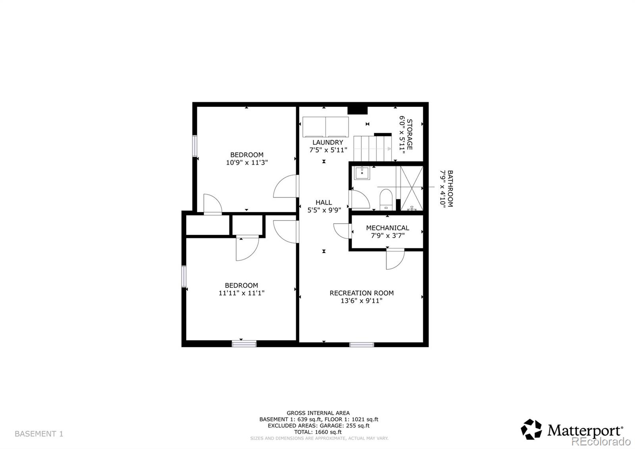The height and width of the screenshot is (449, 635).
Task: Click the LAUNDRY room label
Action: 327,142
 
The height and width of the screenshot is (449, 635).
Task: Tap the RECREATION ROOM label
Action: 362,293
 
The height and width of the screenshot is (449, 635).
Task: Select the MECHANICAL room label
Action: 387,228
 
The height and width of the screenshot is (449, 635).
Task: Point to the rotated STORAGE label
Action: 410,135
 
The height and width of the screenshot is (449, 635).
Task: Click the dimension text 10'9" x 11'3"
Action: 246,163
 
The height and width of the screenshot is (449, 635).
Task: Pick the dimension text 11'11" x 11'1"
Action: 241,293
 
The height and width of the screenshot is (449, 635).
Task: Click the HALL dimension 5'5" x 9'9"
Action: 324,210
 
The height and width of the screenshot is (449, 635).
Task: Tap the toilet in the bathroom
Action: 386,199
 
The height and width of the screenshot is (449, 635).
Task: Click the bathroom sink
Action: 362,173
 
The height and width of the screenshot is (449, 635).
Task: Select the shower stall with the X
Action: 411,188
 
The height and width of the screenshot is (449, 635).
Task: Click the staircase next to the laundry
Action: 373,148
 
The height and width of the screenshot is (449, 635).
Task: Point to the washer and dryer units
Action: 325,127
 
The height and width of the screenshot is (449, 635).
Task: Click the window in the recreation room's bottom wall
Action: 362,344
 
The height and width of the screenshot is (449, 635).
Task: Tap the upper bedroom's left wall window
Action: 195,146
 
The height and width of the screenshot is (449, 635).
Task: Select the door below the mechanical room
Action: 395,259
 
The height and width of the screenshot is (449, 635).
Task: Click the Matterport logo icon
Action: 531,430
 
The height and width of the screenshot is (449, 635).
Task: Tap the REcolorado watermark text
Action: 601,441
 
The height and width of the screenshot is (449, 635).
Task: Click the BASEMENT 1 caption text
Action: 39,434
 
